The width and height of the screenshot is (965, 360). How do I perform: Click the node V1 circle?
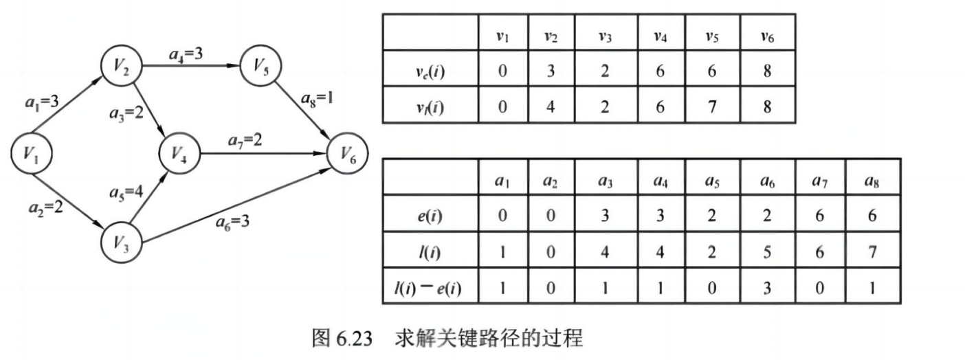(32, 154)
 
